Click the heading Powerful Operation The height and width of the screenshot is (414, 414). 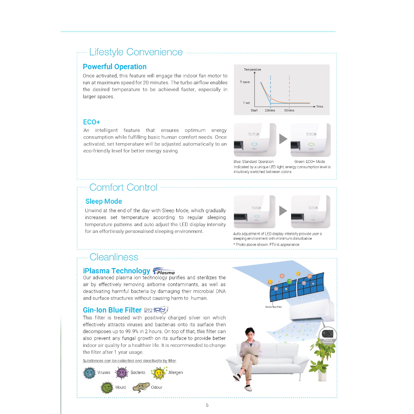tap(114, 67)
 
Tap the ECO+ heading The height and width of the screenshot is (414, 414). tap(91, 122)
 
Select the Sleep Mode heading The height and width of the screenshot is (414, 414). tap(103, 201)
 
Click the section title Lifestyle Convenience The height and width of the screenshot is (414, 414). tap(136, 52)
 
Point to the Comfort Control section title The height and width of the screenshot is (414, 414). tap(123, 188)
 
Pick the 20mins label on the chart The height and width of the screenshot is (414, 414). tap(270, 110)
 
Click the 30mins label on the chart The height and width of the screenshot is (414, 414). tap(289, 110)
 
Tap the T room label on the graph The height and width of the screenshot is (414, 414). tap(245, 82)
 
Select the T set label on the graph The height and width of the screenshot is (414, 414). tap(246, 103)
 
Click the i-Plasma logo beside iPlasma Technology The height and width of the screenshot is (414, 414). tap(164, 271)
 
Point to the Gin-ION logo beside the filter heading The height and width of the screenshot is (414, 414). tap(156, 310)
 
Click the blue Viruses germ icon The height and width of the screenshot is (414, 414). tap(89, 372)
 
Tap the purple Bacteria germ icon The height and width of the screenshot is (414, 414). tap(122, 372)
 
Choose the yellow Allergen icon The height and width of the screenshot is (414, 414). tap(158, 372)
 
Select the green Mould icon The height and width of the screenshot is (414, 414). tap(107, 387)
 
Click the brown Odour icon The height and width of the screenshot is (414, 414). tap(141, 387)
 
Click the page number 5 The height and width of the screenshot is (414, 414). tap(207, 405)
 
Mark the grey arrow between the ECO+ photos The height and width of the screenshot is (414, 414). tap(283, 139)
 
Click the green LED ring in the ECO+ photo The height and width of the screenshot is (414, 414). tap(311, 144)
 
